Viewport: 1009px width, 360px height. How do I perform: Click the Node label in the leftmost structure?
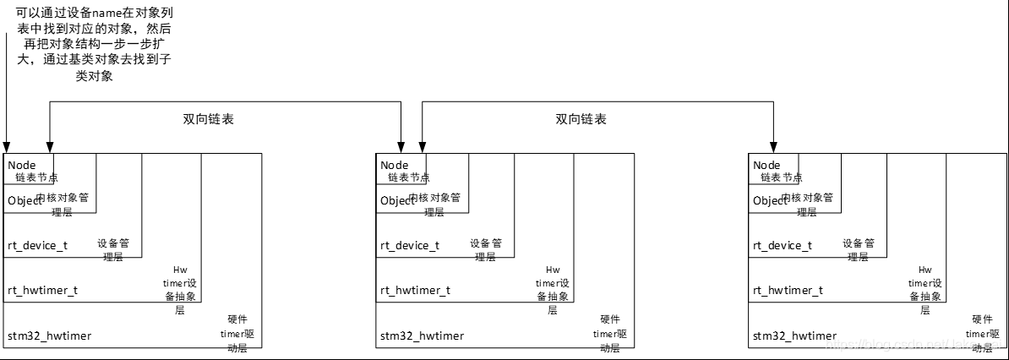22,165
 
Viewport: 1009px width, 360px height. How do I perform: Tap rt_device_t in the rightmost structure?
782,245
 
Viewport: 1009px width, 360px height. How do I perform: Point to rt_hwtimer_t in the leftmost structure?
42,290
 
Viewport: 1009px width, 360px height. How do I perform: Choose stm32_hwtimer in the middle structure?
422,335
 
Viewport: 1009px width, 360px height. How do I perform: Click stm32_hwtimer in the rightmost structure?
794,335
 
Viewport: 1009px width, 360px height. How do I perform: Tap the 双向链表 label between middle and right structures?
581,119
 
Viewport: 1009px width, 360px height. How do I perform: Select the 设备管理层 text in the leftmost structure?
112,249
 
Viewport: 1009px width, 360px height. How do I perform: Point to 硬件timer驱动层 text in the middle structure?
609,334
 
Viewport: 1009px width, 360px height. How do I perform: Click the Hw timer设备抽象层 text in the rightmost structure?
925,289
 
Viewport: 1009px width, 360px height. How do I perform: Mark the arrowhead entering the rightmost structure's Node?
772,148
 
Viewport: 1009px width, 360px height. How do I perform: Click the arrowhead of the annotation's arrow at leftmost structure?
6,148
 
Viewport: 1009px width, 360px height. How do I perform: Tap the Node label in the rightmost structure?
766,165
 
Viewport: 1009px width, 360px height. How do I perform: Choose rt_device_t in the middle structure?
409,245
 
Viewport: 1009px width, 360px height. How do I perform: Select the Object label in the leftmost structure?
25,200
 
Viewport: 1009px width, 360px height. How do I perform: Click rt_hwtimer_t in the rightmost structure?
788,290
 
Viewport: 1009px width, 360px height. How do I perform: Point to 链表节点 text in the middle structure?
409,177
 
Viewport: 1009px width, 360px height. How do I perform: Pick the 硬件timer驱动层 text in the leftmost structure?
237,334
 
